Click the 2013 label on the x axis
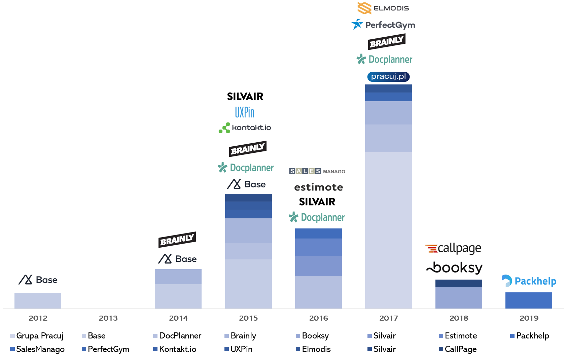click(x=108, y=318)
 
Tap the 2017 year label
click(x=388, y=318)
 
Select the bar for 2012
click(x=38, y=300)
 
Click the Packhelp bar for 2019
click(x=528, y=300)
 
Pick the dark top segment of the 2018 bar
click(x=458, y=283)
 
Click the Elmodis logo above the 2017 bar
click(x=383, y=8)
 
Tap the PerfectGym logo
click(x=383, y=25)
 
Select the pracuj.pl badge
click(x=388, y=77)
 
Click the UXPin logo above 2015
click(x=245, y=112)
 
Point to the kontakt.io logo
click(x=245, y=128)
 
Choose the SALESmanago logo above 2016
click(x=317, y=171)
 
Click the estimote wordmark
click(x=318, y=187)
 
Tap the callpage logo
click(x=453, y=248)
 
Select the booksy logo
click(x=454, y=268)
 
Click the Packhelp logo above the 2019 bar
click(x=528, y=281)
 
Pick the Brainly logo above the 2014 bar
click(x=177, y=240)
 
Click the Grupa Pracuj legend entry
click(x=37, y=336)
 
